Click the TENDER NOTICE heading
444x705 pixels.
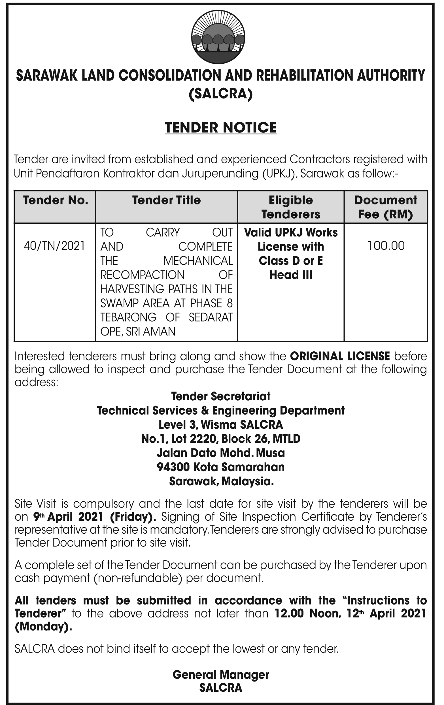pyautogui.click(x=220, y=128)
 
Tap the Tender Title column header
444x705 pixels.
pyautogui.click(x=166, y=200)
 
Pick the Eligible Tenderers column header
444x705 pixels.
pyautogui.click(x=290, y=207)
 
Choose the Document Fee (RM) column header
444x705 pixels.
pyautogui.click(x=385, y=207)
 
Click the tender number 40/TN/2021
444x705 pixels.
pyautogui.click(x=54, y=246)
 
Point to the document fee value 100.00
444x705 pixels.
pyautogui.click(x=386, y=246)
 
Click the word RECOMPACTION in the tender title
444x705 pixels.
pyautogui.click(x=143, y=275)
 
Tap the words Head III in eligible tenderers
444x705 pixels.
pyautogui.click(x=291, y=275)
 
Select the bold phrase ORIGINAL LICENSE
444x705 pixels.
pyautogui.click(x=340, y=356)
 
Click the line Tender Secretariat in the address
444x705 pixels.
pyautogui.click(x=221, y=396)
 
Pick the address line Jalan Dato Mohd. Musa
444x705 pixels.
pyautogui.click(x=220, y=453)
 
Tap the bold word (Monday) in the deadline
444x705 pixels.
pyautogui.click(x=43, y=627)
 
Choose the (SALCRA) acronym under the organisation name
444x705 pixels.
pyautogui.click(x=220, y=94)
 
